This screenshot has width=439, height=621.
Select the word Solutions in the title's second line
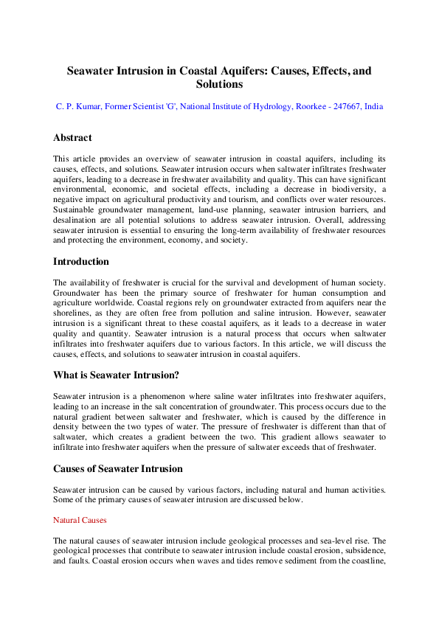click(219, 85)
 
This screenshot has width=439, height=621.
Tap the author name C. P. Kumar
click(80, 107)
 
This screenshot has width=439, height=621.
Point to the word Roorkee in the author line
click(299, 107)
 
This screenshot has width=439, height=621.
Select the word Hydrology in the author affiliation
click(252, 107)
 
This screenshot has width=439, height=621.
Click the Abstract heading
click(72, 138)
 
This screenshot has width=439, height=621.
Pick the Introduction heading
click(81, 262)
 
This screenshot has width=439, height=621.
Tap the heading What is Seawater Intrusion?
click(116, 375)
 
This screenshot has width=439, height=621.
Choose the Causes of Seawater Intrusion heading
click(118, 468)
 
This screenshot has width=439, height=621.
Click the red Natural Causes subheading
click(80, 520)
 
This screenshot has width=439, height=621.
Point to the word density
click(70, 427)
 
